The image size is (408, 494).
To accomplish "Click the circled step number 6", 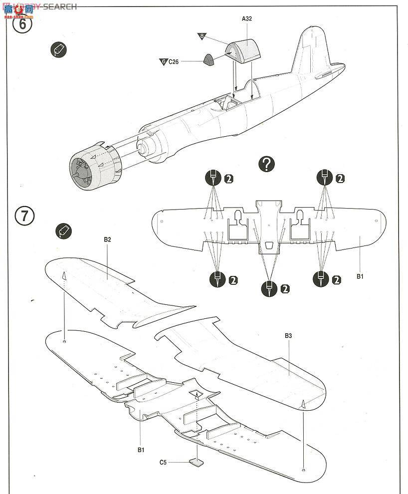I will tap(22, 23).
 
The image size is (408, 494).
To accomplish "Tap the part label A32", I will tap(247, 19).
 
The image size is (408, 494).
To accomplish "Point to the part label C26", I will tap(173, 62).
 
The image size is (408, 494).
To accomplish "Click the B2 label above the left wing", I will tap(107, 240).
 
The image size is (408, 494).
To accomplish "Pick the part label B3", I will tap(288, 336).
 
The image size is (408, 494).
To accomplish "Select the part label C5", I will tap(163, 462).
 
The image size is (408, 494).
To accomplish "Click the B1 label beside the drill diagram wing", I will tap(360, 276).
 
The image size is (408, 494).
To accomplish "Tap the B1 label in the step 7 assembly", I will tap(141, 450).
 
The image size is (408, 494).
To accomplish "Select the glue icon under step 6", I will tap(59, 49).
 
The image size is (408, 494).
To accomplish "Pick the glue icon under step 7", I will tap(64, 231).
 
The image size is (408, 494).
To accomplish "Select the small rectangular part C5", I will tap(198, 462).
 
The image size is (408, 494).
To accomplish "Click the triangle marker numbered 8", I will tap(202, 36).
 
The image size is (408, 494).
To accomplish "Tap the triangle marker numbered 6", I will tap(163, 62).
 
